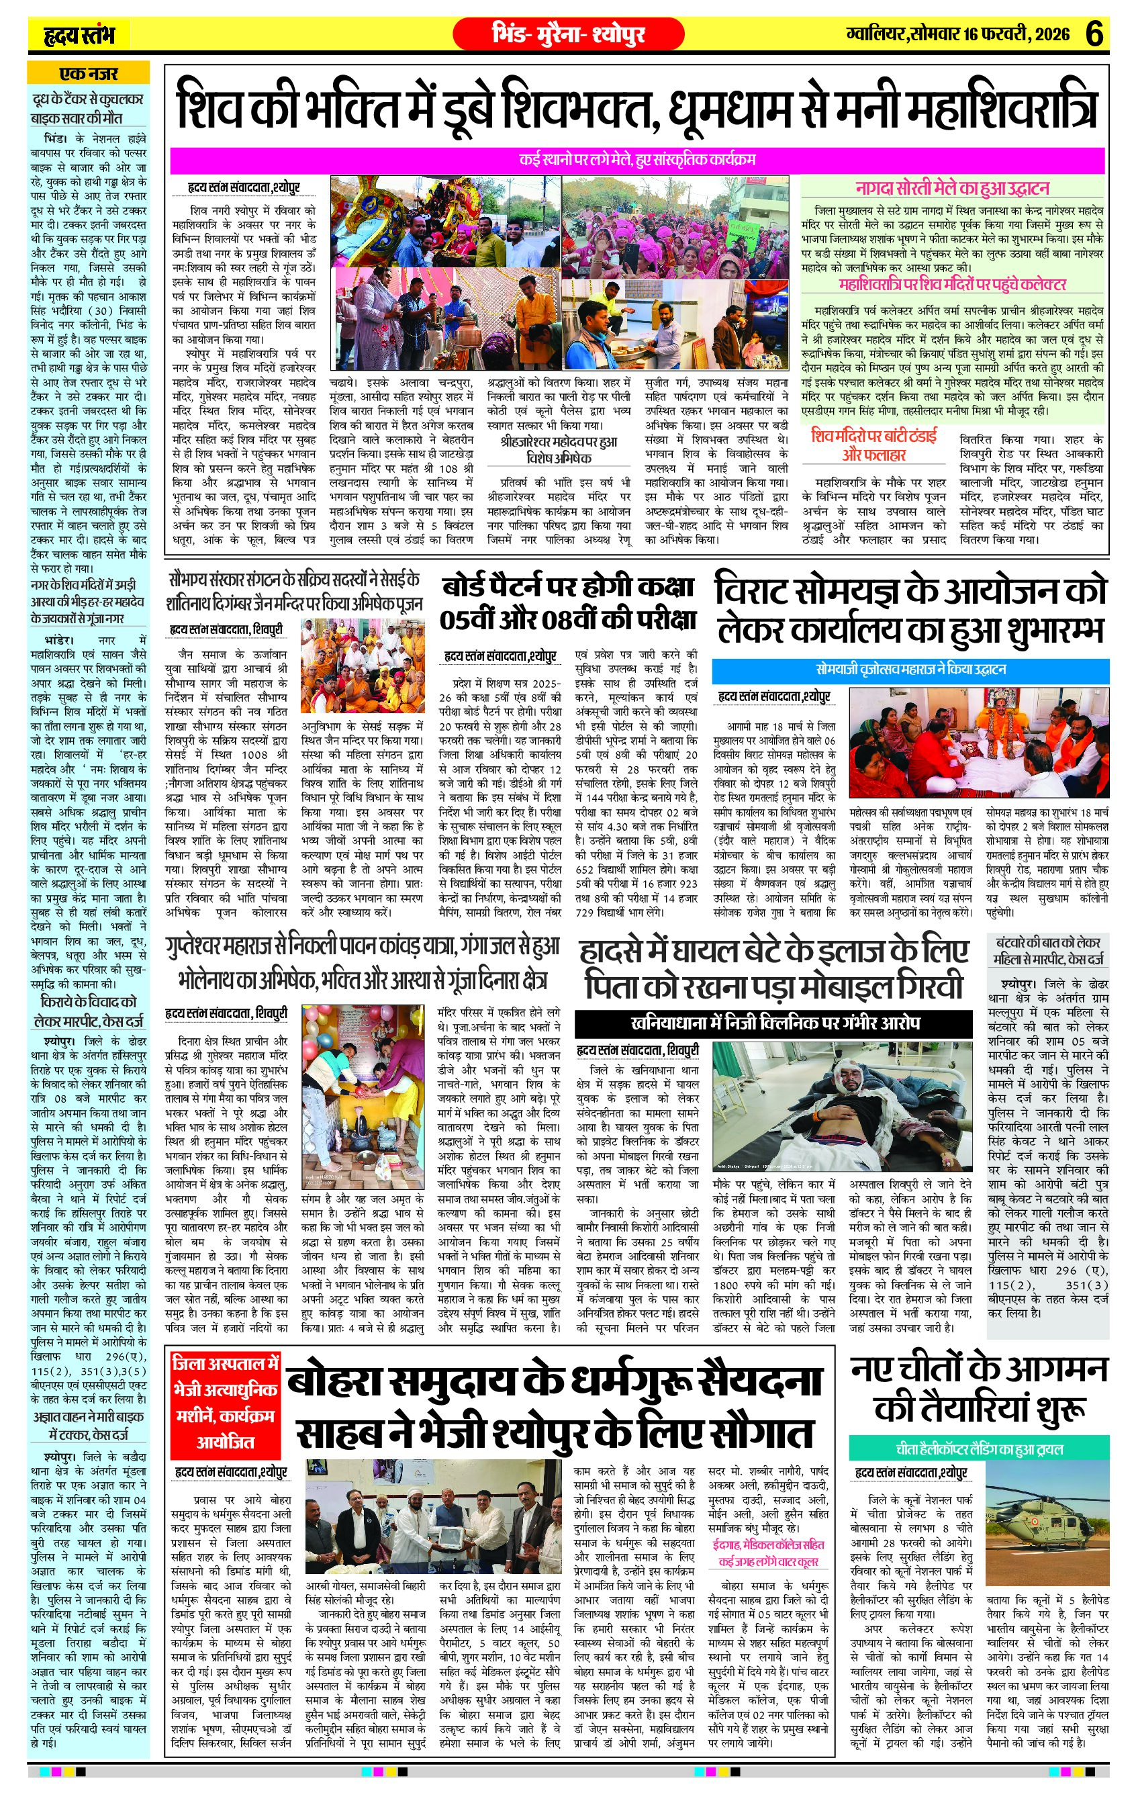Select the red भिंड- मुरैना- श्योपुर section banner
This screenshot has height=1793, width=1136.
tap(568, 34)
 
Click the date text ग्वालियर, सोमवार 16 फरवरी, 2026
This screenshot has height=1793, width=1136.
tap(957, 34)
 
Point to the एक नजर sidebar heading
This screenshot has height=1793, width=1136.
tap(88, 74)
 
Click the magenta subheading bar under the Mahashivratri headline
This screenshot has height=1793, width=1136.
tap(636, 159)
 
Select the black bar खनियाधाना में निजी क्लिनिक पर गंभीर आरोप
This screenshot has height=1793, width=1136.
tap(774, 1022)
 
